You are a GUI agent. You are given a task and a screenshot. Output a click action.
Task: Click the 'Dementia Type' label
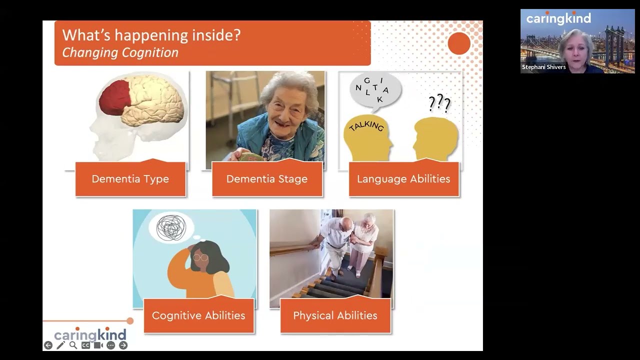(130, 179)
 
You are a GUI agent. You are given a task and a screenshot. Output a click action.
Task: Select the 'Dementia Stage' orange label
(267, 179)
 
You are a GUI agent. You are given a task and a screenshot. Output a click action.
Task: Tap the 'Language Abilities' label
(403, 179)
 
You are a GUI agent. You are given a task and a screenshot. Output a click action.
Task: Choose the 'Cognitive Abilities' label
(198, 315)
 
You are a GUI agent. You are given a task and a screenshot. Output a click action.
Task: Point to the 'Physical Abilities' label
(335, 315)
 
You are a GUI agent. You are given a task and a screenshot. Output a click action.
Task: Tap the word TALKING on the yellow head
(366, 126)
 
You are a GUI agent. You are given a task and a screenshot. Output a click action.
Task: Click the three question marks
(439, 103)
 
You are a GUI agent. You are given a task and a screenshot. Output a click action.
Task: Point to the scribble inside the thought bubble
(171, 227)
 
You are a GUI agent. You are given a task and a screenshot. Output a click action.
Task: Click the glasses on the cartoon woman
(200, 257)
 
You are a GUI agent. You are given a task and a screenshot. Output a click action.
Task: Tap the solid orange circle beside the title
(459, 43)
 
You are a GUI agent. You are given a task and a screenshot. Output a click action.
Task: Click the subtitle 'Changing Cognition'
(120, 52)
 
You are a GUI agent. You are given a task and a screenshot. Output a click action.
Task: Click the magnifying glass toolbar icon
(73, 345)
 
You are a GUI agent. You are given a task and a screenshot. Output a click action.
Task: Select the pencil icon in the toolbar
(60, 345)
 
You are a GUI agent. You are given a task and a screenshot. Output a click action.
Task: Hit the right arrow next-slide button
(123, 345)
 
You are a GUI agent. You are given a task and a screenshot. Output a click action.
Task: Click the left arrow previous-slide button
(48, 345)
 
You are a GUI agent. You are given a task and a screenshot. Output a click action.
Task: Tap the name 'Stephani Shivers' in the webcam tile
(543, 67)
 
